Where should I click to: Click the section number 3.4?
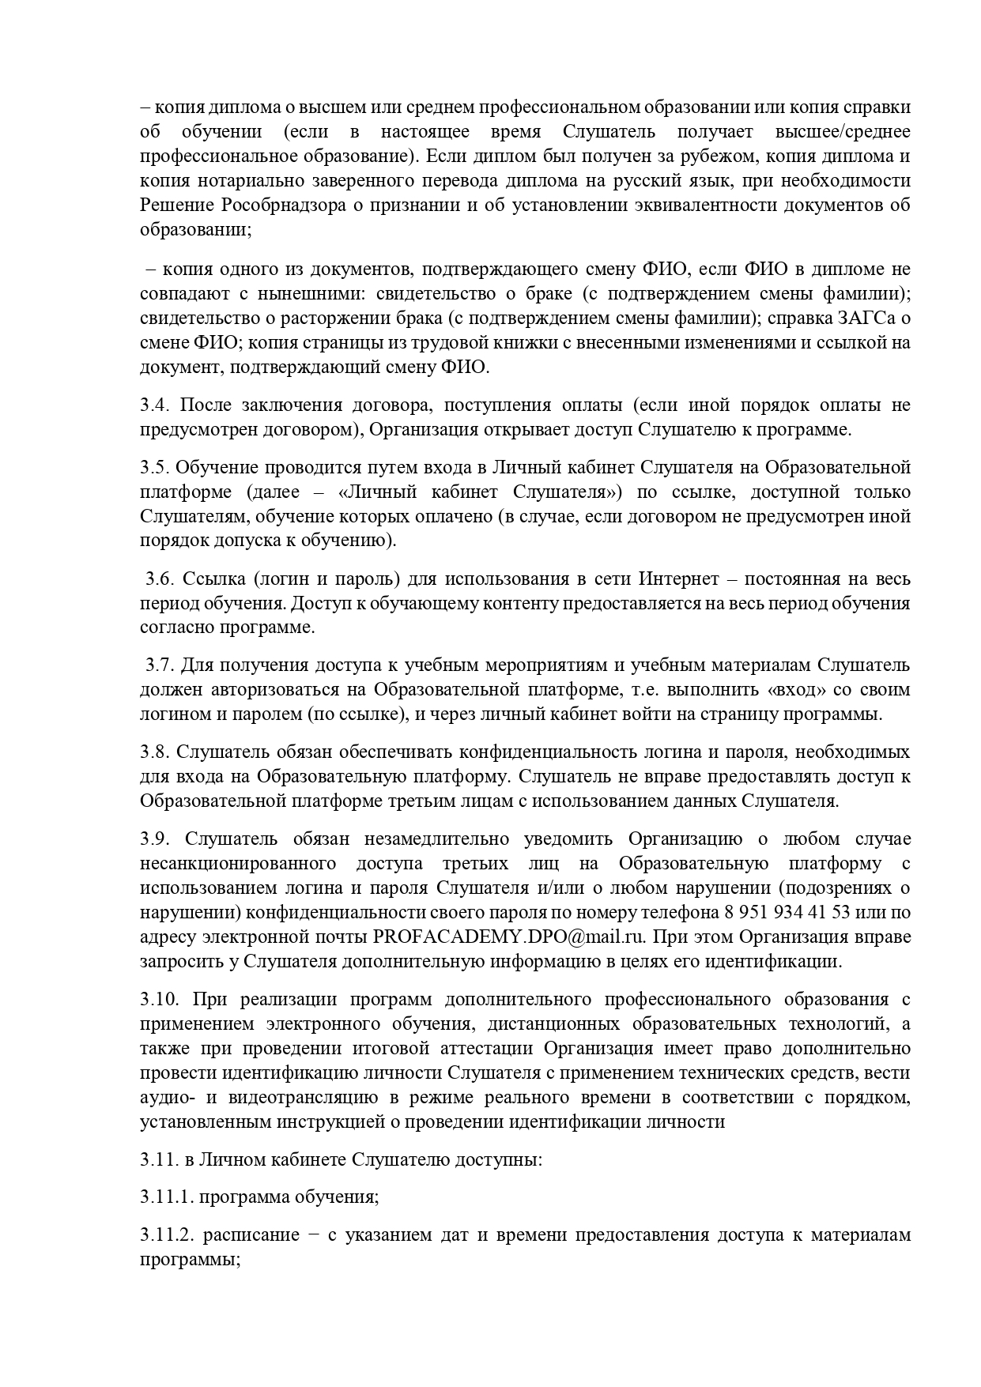point(153,405)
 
